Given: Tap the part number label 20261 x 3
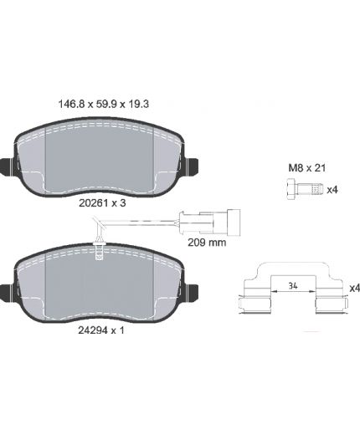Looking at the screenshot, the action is [102, 203].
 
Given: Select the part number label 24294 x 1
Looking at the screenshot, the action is [101, 330].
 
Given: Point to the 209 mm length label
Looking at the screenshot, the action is [207, 243].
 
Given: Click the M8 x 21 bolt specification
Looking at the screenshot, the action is [307, 168].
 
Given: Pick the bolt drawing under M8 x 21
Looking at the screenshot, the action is [305, 189].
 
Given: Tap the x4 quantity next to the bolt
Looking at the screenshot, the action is [332, 190].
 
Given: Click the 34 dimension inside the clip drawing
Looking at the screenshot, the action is [293, 286].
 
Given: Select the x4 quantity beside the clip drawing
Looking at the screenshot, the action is [355, 288].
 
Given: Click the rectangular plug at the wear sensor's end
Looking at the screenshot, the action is [234, 223].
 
